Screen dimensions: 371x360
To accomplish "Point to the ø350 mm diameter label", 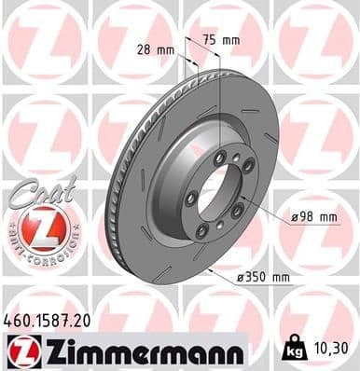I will tap(263, 279).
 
